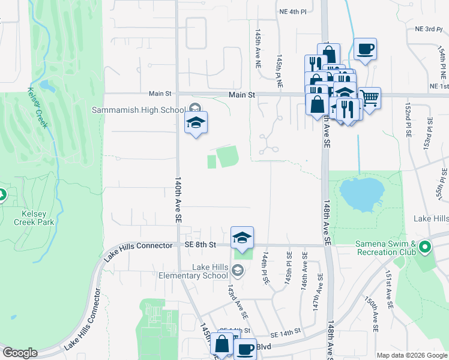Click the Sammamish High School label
(138, 110)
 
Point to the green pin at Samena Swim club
(425, 247)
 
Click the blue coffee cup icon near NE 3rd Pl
(364, 49)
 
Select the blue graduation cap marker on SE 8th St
(242, 237)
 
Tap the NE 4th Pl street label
(293, 11)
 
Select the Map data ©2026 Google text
(411, 355)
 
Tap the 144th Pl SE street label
(264, 267)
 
